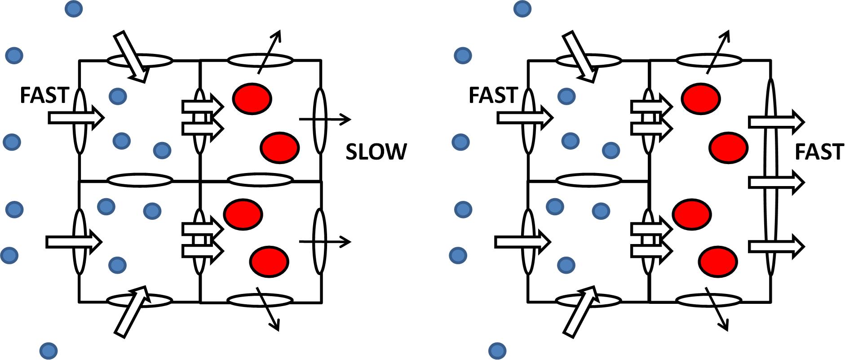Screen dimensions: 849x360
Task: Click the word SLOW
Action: [376, 152]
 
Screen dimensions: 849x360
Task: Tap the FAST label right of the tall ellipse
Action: [819, 152]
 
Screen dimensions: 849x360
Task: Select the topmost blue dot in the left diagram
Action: [74, 8]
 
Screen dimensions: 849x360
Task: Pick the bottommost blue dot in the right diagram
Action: [497, 351]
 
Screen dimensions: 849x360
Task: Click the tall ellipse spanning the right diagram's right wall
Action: [771, 177]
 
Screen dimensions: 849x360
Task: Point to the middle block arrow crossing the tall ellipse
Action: [776, 182]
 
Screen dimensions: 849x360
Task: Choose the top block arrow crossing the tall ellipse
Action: [776, 122]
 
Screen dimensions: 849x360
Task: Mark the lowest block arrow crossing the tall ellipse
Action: [776, 246]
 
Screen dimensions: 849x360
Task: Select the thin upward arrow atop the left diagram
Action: [270, 52]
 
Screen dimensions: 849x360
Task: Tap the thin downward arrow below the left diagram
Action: [268, 309]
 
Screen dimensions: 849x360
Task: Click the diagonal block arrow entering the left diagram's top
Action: [131, 57]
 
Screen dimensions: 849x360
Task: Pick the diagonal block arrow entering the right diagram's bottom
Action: [580, 311]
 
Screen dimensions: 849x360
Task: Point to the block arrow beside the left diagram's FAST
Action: [76, 118]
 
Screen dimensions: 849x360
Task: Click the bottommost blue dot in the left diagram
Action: [49, 351]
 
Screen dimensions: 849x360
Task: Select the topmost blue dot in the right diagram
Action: [522, 8]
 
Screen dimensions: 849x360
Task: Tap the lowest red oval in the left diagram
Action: [269, 262]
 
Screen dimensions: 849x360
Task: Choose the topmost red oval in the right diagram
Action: [701, 98]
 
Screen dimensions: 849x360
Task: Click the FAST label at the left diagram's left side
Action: [44, 95]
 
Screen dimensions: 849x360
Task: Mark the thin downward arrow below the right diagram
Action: [716, 309]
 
